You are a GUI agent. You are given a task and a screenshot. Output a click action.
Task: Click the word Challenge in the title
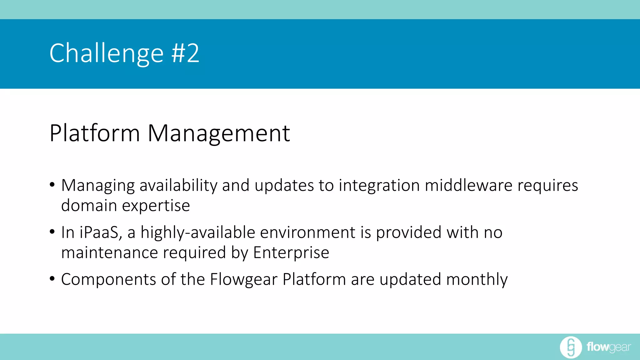(106, 53)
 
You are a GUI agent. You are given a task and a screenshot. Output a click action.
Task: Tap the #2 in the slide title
(185, 53)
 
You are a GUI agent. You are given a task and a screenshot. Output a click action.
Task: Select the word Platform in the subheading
(95, 133)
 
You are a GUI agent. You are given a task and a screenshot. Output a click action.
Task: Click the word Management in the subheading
(219, 133)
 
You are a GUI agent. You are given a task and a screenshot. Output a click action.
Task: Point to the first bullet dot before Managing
(52, 184)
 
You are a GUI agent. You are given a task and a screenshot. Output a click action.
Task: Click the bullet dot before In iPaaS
(52, 232)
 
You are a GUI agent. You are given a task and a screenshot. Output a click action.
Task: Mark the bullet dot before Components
(52, 278)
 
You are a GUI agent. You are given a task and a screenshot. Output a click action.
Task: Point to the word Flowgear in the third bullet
(243, 279)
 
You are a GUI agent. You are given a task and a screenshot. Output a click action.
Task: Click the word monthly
(477, 279)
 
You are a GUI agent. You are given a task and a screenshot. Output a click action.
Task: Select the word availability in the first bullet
(178, 186)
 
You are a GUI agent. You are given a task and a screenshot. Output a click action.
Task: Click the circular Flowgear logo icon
(571, 347)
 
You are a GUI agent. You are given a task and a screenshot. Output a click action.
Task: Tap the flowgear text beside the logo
(609, 347)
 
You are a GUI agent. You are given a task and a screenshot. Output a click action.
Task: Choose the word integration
(379, 186)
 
